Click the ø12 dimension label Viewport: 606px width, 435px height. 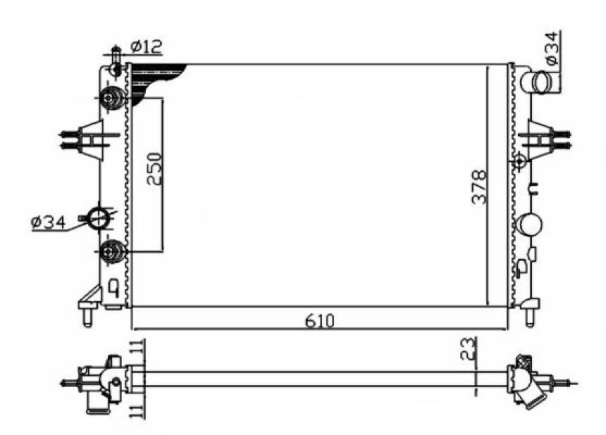point(147,46)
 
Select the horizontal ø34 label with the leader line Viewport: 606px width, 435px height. point(47,222)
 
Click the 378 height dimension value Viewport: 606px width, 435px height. point(479,187)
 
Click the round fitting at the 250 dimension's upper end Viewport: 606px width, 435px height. point(112,99)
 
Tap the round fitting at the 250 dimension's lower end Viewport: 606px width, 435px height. point(112,251)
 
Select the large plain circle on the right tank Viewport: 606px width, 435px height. point(530,225)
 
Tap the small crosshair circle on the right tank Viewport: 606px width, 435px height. point(520,161)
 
